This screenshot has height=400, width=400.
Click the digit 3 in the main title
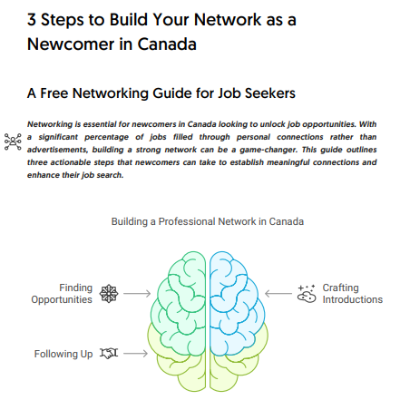point(32,20)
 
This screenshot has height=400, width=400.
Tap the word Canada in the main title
point(167,44)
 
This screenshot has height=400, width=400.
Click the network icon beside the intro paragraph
point(13,141)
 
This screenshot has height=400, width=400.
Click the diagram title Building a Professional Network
point(208,221)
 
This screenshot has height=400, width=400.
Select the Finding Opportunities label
point(62,294)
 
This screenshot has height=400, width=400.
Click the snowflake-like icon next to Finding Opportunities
point(109,294)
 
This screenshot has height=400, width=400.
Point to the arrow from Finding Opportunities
point(137,293)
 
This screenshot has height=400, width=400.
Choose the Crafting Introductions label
point(353,294)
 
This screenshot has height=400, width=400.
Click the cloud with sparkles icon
point(307,294)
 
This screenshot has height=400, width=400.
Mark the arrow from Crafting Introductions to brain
point(278,293)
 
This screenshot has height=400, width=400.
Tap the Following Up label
point(63,354)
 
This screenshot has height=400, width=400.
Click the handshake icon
point(109,353)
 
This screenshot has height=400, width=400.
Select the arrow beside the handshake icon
point(136,353)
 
